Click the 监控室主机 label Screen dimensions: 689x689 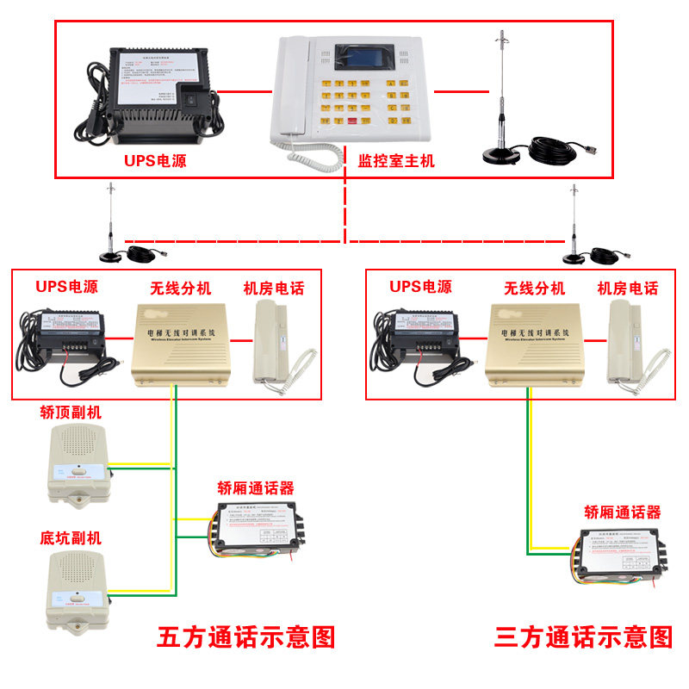396,160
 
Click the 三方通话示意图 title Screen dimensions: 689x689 583,637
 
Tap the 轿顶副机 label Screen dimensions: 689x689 71,412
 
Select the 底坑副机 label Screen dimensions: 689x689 71,538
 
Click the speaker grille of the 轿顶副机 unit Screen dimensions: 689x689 77,444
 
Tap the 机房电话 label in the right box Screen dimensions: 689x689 628,289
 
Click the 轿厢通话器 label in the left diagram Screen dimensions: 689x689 255,488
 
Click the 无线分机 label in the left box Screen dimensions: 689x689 180,289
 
